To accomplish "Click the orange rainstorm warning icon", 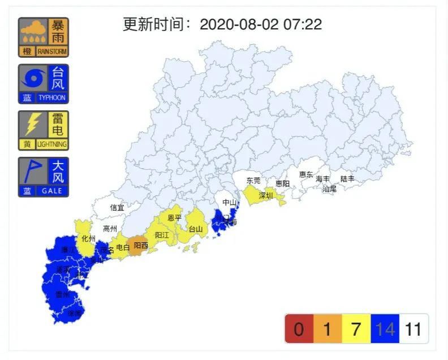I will click(43, 37).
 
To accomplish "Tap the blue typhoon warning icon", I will click(43, 84).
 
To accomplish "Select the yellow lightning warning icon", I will click(43, 130).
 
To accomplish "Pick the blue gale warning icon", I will click(43, 177).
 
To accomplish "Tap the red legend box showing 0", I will click(299, 329).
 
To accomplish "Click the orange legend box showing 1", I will click(328, 329).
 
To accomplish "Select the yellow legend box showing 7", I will click(356, 329).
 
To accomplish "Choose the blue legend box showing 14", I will click(385, 329).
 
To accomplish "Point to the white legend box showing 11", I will click(413, 329).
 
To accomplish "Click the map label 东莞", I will click(253, 181).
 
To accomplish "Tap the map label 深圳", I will click(266, 196).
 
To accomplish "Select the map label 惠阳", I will click(283, 183).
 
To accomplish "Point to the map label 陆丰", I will click(347, 179).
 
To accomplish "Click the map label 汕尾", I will click(329, 189).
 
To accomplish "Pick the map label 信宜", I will click(117, 208).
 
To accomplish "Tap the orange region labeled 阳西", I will click(141, 245).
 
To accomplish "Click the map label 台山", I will click(195, 229).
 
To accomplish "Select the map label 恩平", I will click(175, 217).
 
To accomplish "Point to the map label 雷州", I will click(62, 294).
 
